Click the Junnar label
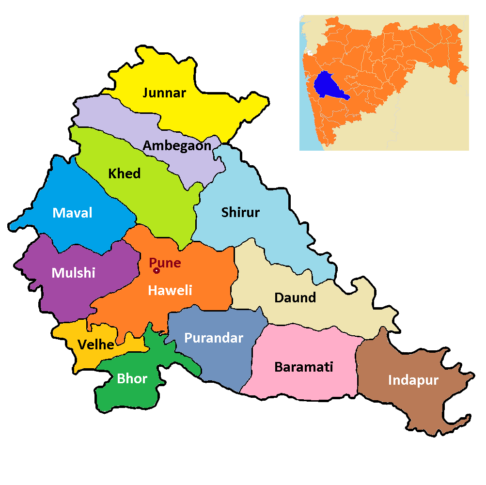164,93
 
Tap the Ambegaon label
177,145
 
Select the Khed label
125,173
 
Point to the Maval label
72,213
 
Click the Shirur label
240,212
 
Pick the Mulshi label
73,273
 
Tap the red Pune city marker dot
157,270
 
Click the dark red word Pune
165,263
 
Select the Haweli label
170,290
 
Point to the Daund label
295,297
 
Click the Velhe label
96,344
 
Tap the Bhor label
132,378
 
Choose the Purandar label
213,338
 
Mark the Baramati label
304,367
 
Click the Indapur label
413,380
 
